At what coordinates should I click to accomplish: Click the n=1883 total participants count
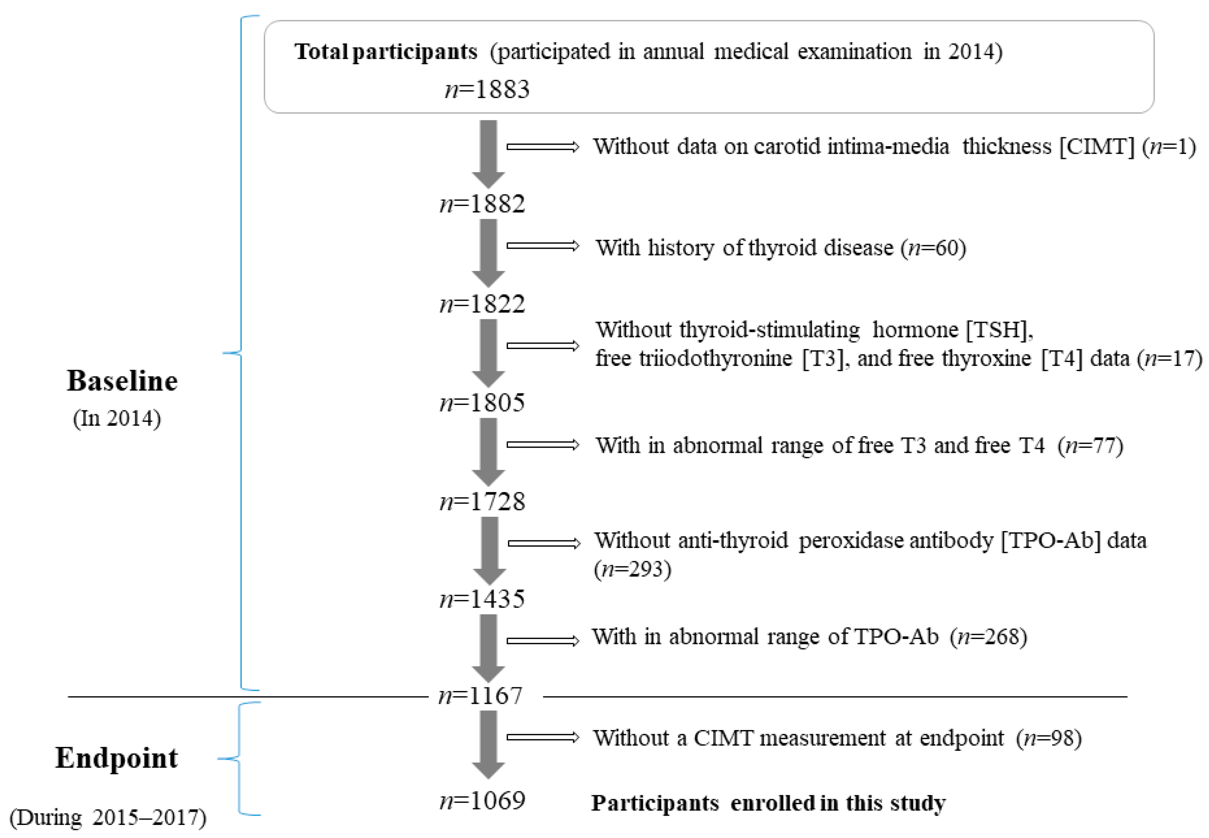(487, 89)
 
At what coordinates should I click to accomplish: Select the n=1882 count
(482, 204)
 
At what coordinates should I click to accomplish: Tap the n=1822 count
(482, 304)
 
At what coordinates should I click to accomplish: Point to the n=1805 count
(482, 403)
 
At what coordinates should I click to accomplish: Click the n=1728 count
(482, 501)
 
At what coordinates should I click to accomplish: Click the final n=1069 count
(482, 801)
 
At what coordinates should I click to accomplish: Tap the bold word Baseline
(122, 381)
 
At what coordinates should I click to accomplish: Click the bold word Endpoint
(116, 758)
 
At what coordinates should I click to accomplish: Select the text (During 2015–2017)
(108, 818)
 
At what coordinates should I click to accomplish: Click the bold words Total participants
(386, 51)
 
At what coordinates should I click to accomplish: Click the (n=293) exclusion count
(632, 569)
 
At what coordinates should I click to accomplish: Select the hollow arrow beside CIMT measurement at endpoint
(542, 737)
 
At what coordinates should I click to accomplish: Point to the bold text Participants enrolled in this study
(768, 803)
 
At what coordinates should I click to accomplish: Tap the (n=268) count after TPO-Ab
(988, 636)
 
